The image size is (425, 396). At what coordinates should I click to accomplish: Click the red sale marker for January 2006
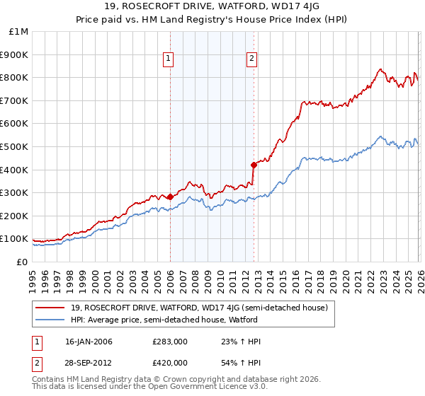pos(170,197)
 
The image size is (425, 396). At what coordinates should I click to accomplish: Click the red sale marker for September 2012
pos(254,165)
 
